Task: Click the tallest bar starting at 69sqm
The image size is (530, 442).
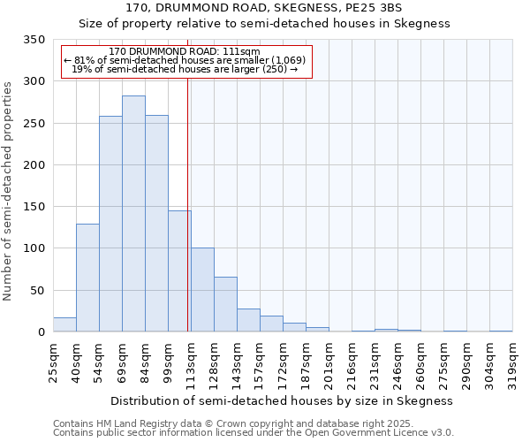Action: click(x=133, y=214)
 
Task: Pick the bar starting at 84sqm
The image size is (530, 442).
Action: click(x=156, y=224)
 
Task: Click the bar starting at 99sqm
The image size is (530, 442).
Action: click(x=179, y=271)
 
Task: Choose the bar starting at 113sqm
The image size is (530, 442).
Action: click(x=202, y=290)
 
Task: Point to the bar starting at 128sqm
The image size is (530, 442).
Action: click(x=225, y=304)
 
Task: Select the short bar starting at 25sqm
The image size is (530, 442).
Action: click(x=64, y=324)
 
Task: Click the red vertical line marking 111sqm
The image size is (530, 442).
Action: click(x=188, y=203)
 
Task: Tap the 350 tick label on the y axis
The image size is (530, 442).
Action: click(x=34, y=40)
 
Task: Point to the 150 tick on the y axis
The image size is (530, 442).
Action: click(x=34, y=207)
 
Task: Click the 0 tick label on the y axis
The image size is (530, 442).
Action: click(x=41, y=332)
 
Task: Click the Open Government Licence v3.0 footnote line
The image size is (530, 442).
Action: click(x=254, y=433)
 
